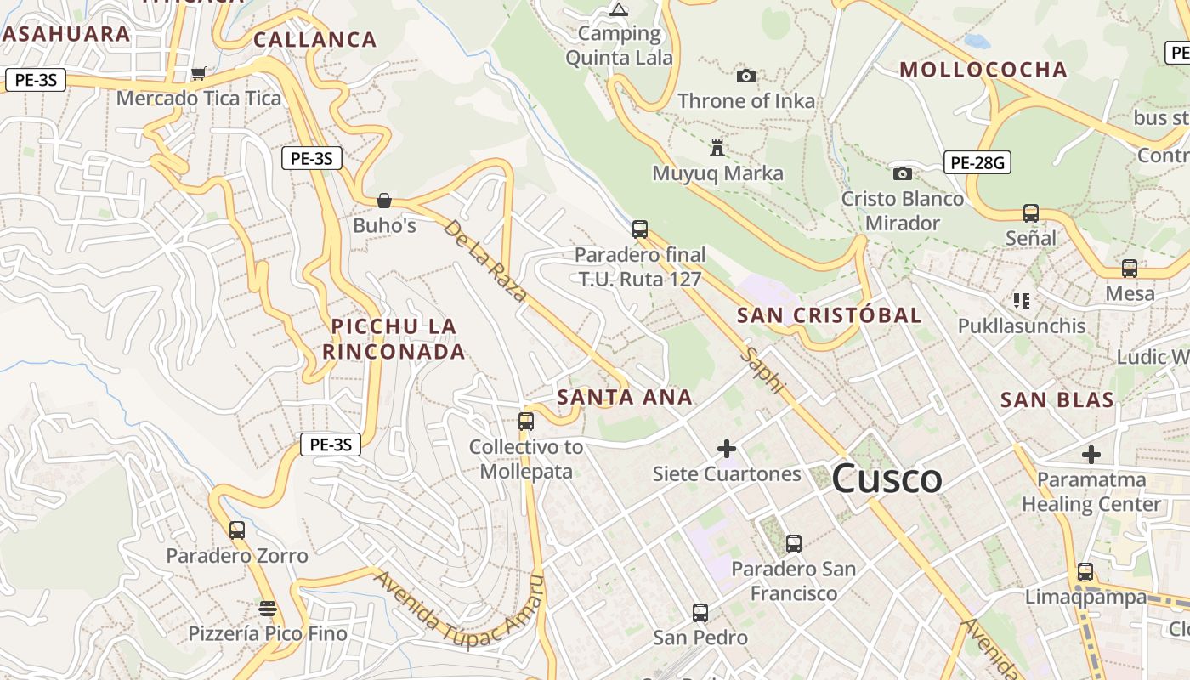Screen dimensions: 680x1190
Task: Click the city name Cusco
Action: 887,479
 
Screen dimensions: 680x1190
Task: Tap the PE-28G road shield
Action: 977,161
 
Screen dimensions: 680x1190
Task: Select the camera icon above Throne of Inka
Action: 746,76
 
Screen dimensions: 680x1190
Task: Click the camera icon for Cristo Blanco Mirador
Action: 903,174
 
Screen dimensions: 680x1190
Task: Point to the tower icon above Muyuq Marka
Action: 717,149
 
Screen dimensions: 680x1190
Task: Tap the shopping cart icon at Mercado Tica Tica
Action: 198,74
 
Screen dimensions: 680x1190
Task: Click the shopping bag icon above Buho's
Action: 384,201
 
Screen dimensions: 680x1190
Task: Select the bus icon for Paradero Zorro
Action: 237,530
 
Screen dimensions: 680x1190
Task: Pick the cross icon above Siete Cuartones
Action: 727,449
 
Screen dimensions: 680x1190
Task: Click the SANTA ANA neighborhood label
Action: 625,397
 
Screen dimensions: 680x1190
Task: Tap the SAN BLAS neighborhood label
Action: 1057,400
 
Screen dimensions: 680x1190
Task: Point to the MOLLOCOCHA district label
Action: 983,70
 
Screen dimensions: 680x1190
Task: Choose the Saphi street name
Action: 762,369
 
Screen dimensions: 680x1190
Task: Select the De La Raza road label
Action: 485,261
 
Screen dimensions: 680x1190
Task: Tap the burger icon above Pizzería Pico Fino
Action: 268,609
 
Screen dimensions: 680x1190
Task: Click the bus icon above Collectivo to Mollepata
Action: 526,422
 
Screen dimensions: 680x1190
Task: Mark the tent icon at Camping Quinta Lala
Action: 619,10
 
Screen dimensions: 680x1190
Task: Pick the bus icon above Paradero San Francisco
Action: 794,544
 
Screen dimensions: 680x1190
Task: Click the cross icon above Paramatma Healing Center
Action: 1091,455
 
